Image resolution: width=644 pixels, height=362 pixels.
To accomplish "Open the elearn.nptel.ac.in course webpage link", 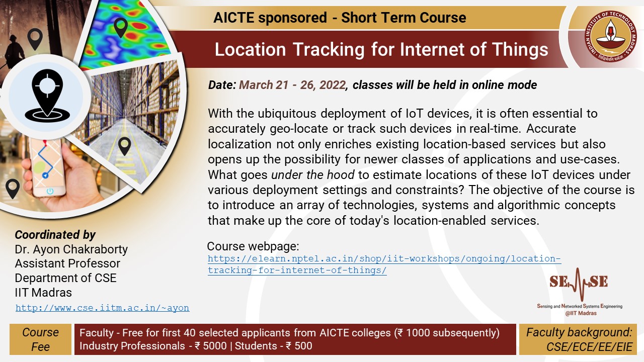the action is tap(384, 264).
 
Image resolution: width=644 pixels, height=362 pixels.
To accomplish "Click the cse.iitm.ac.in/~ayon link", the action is tap(102, 308).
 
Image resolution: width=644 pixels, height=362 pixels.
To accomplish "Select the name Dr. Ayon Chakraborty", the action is tap(71, 249).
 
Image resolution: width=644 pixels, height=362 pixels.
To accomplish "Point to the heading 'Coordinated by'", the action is tap(55, 235).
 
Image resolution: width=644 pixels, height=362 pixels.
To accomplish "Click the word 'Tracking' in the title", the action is tap(329, 49).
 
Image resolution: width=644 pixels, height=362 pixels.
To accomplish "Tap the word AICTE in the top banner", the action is tap(234, 18).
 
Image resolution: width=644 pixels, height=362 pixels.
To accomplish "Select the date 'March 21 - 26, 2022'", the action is tap(292, 85).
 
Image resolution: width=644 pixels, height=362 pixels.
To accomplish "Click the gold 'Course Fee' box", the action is tap(40, 339).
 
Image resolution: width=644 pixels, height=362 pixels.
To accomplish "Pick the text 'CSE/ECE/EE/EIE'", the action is tap(589, 347).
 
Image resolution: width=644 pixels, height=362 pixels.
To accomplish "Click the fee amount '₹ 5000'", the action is tap(210, 346).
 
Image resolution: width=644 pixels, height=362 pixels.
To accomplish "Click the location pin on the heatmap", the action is tap(121, 28).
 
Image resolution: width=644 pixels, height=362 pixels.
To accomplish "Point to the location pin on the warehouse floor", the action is tap(124, 146).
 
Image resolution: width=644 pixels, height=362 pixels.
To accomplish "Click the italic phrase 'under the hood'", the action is tap(313, 174).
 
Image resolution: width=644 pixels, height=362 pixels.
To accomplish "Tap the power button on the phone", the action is tap(50, 191).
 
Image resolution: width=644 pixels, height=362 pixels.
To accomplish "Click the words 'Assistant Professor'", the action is tap(67, 263).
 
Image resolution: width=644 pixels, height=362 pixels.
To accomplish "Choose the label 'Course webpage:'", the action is tap(253, 246).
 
